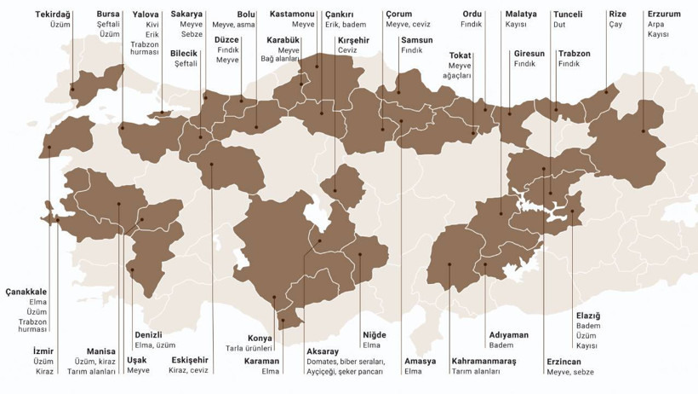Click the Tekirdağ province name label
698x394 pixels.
54,14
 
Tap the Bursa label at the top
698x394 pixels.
108,14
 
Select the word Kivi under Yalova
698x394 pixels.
152,25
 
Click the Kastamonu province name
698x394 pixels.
292,14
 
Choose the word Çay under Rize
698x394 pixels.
615,25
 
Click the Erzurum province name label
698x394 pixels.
664,14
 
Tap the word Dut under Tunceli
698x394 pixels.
559,25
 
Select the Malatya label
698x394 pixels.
521,14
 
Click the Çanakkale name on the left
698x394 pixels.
26,292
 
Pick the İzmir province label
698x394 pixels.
43,351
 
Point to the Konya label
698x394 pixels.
260,338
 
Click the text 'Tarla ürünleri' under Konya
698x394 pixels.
249,348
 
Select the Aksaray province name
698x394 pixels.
323,351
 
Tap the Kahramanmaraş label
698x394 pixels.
484,361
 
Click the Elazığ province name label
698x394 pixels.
588,316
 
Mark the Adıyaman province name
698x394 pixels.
509,335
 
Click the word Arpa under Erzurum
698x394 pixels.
655,25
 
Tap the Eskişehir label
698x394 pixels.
188,360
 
